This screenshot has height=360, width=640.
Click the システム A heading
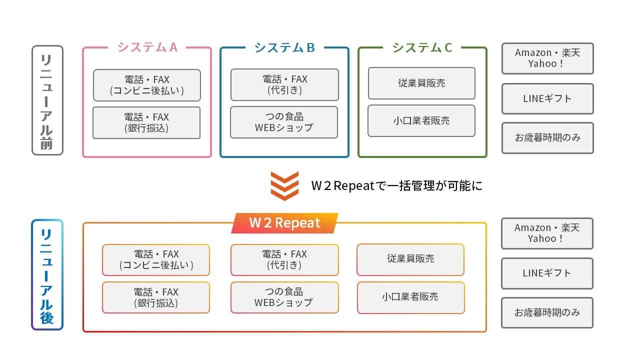coord(147,47)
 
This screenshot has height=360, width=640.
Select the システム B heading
coord(284,47)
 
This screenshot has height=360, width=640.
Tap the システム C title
coord(422,47)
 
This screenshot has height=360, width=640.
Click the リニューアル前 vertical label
coord(47,100)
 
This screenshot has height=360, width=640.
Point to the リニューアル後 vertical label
coord(47,275)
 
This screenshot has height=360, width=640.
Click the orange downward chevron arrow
coord(284,186)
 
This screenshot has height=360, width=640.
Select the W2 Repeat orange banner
coord(284,223)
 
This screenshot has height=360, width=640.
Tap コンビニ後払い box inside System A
coord(147,85)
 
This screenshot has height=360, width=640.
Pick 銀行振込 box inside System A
coord(146,123)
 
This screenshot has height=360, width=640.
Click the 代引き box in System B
coord(284,84)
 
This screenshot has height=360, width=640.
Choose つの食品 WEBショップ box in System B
coord(284,122)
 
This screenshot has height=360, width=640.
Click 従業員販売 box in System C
coord(421,83)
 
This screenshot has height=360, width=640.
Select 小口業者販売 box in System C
coord(421,121)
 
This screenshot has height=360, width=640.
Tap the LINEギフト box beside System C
coord(547,99)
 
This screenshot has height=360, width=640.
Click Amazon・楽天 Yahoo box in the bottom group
coord(547,233)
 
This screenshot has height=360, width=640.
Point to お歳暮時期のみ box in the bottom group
coord(547,313)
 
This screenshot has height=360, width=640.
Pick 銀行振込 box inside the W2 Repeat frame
coord(156,297)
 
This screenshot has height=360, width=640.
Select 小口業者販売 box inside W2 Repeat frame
coord(410,297)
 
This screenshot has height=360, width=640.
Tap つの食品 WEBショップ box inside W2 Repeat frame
coord(284,297)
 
